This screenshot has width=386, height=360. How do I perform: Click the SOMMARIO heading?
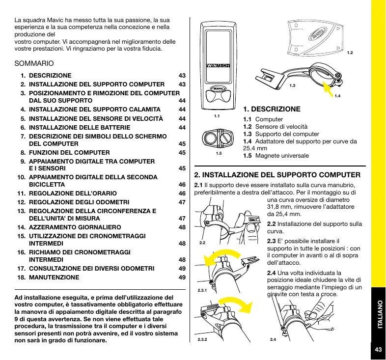34,64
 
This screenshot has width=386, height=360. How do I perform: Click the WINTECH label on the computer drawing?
219,65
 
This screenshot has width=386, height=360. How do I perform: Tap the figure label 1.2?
350,52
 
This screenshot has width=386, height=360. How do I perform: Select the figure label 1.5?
219,153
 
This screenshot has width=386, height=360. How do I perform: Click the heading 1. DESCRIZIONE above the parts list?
272,109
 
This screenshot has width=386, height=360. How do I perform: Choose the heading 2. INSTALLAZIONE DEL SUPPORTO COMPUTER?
277,174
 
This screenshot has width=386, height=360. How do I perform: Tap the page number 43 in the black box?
378,349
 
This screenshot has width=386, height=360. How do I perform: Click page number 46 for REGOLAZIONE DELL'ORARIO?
182,194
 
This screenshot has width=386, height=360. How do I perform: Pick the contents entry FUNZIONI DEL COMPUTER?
69,153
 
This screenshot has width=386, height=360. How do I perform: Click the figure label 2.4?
274,339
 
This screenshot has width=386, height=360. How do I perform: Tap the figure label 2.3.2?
202,339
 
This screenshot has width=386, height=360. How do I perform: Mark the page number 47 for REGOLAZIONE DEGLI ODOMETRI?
182,202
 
